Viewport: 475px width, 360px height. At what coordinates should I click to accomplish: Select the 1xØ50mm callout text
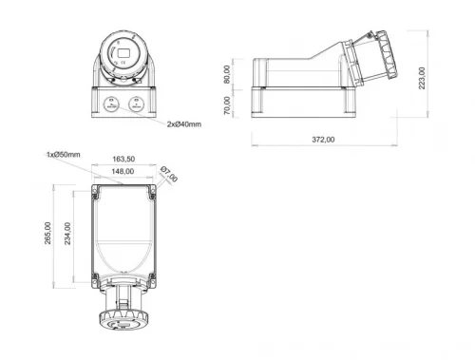(x=64, y=154)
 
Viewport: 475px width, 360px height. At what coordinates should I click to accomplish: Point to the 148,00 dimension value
(x=123, y=172)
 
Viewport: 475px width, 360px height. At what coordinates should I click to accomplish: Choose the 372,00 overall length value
(x=324, y=140)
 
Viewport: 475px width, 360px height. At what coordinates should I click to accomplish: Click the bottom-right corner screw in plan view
(x=152, y=277)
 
